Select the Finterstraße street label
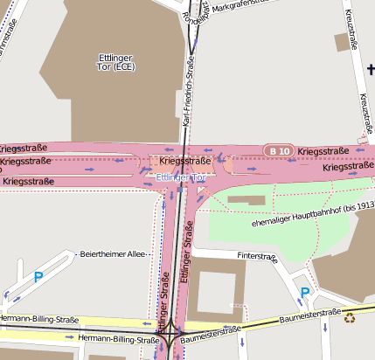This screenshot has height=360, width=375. point(261,256)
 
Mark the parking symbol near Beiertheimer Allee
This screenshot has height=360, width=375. point(38,277)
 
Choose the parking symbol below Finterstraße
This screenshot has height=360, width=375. point(303,293)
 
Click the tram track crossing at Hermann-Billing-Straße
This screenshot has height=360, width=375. point(168,332)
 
